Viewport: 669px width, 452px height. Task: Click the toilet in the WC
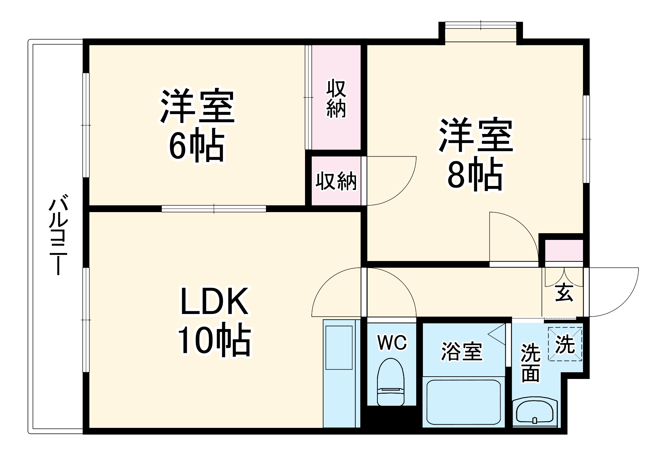[x=390, y=382]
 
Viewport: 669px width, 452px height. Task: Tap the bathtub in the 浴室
[x=463, y=402]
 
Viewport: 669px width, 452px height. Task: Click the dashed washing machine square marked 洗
[x=565, y=344]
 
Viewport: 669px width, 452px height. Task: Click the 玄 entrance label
[x=564, y=292]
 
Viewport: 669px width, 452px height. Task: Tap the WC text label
[x=392, y=342]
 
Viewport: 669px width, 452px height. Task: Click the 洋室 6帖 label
[x=198, y=125]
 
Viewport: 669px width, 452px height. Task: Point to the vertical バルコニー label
[x=58, y=235]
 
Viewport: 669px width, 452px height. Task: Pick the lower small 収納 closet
[x=336, y=181]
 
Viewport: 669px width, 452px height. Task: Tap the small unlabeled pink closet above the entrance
[x=564, y=250]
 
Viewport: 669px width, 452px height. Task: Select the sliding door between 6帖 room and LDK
[x=214, y=209]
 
